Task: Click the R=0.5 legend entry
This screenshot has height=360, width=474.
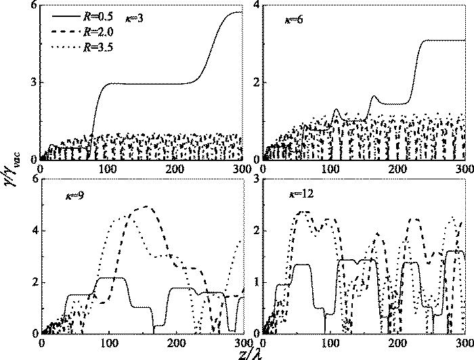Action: (x=89, y=13)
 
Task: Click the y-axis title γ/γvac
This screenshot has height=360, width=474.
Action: (x=12, y=177)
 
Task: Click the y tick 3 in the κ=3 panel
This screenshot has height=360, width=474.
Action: (x=33, y=83)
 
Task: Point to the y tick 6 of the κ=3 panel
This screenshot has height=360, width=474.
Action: (x=33, y=5)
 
